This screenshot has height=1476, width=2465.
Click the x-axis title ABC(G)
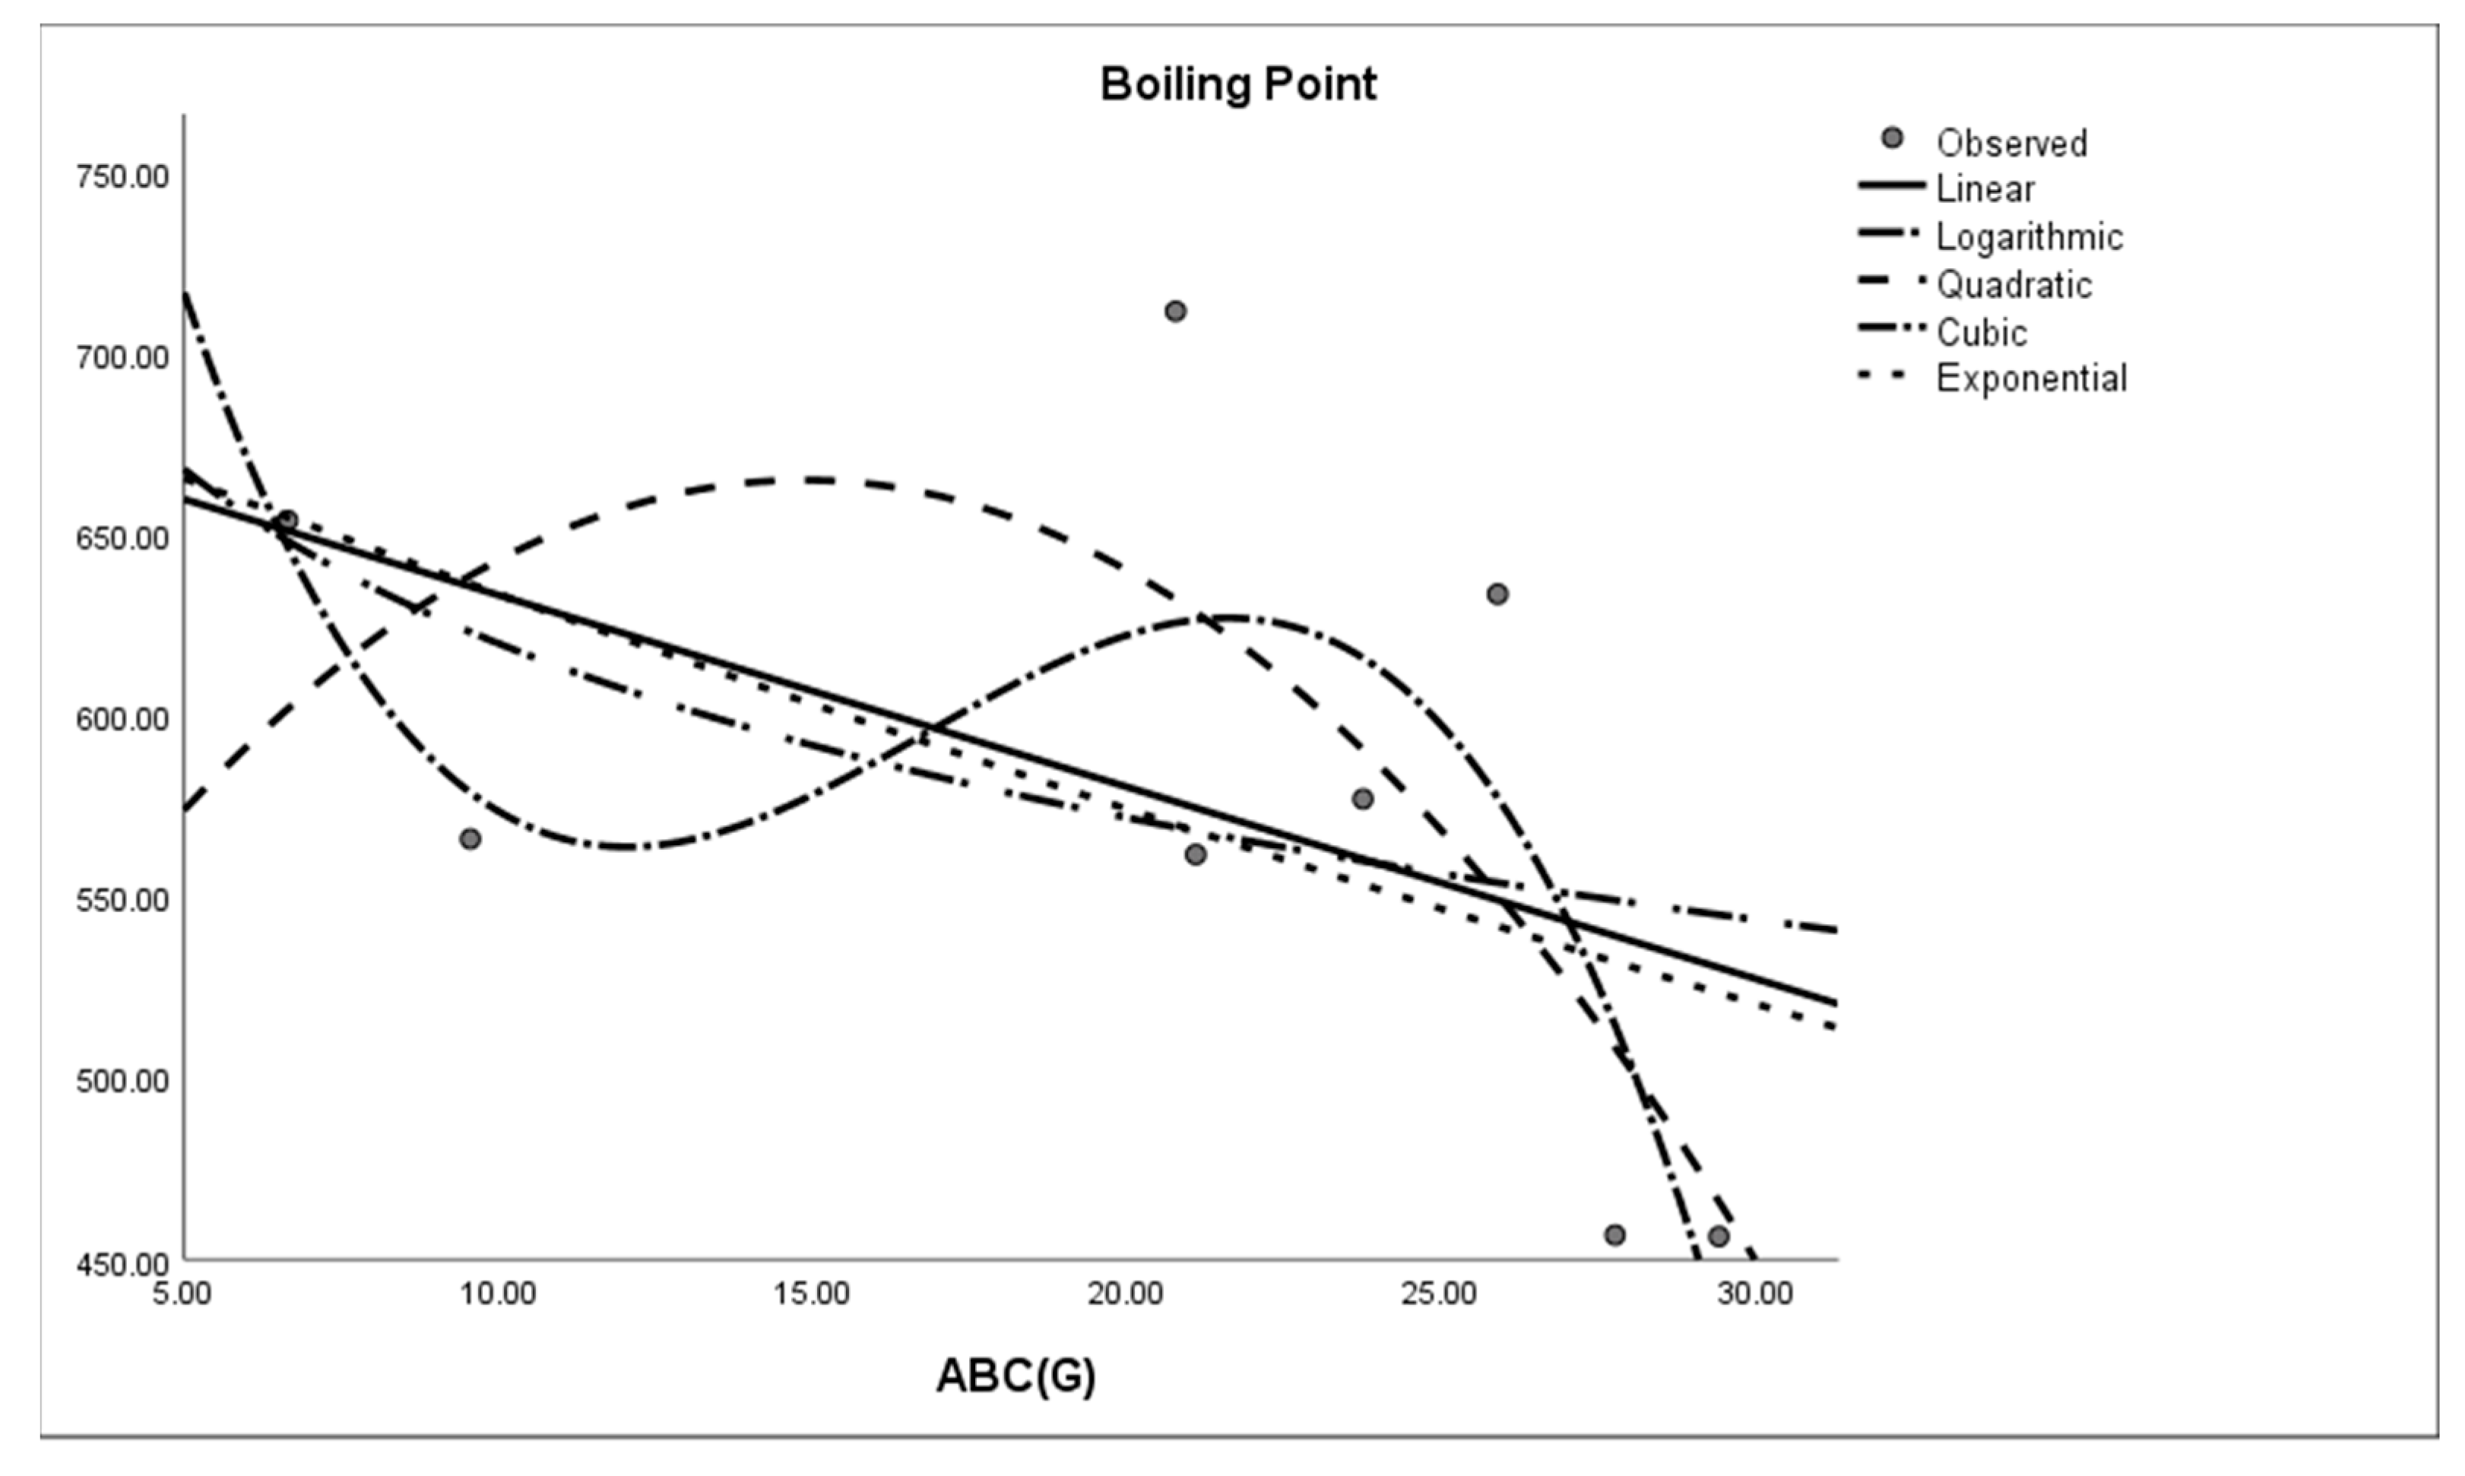tap(1015, 1376)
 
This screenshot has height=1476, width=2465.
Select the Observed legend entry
tap(2010, 143)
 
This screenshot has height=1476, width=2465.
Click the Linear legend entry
tap(1985, 189)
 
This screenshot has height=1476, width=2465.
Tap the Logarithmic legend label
tap(2029, 236)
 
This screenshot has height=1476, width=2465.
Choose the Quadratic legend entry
tap(2014, 284)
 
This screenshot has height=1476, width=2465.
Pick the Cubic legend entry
tap(1981, 332)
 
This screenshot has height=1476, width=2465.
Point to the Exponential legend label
tap(2030, 379)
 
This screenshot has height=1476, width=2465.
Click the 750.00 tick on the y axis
tap(122, 177)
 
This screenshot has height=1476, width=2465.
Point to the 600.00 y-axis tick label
tap(122, 719)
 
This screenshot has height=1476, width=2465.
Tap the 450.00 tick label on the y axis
tap(122, 1264)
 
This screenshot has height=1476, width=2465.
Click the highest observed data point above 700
tap(1174, 312)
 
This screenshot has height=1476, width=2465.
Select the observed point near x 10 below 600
tap(471, 839)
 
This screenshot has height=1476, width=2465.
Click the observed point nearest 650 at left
tap(287, 520)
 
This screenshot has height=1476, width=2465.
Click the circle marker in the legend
tap(1892, 139)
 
